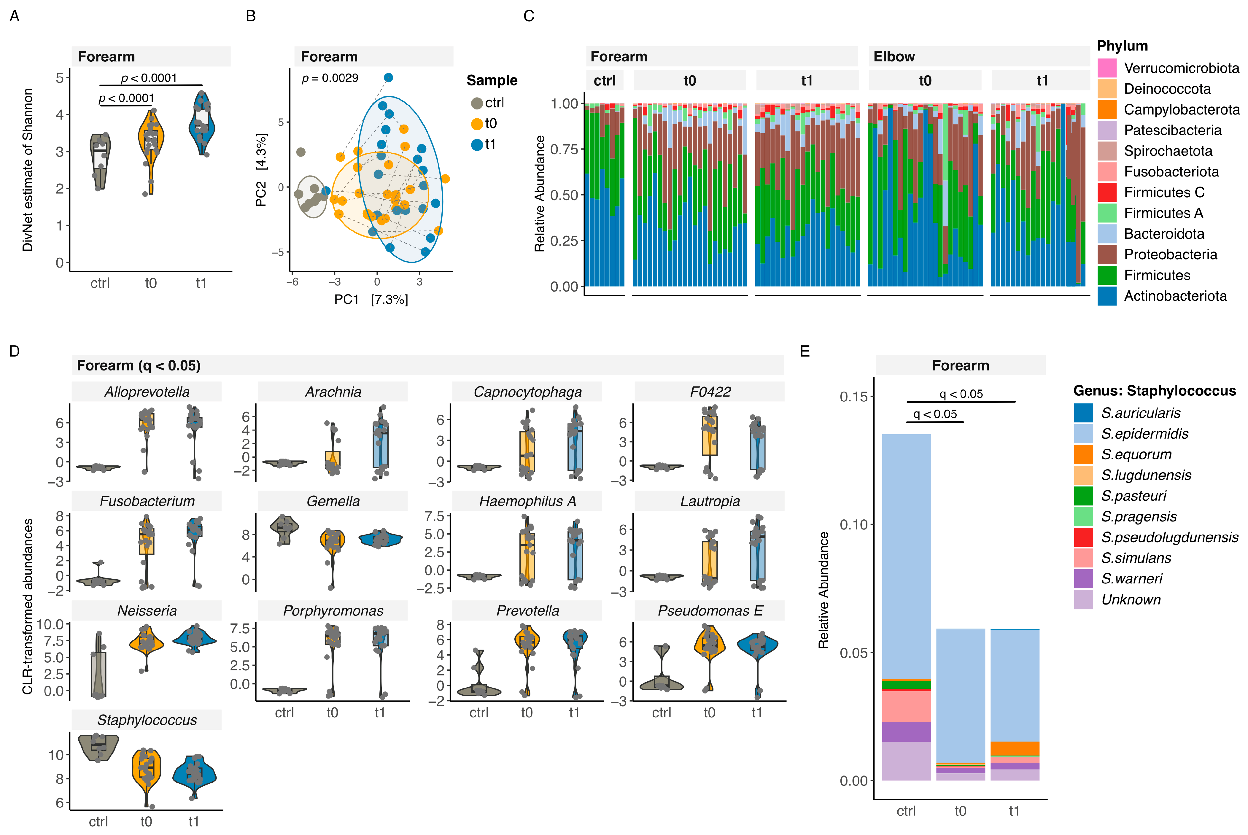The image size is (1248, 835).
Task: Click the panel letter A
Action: pos(15,17)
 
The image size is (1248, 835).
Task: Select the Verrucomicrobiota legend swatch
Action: pos(1106,68)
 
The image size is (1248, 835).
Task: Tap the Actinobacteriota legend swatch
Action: pos(1106,296)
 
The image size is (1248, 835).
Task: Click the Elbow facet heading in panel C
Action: pos(894,56)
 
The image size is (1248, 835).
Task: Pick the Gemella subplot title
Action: pos(333,501)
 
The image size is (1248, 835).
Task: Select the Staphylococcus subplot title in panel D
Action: pos(147,720)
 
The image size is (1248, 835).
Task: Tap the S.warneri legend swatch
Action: pos(1083,579)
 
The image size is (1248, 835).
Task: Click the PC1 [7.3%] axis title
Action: pos(371,300)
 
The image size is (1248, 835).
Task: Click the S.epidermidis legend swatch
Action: pos(1083,433)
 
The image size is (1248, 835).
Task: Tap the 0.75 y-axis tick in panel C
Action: pos(564,149)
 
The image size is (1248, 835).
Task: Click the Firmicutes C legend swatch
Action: pos(1106,192)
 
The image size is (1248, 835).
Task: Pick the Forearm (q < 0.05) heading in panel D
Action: pos(139,365)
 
